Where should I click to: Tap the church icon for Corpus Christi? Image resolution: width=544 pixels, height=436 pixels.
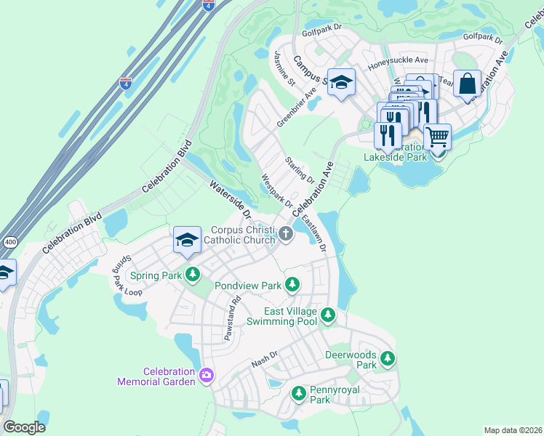click(x=286, y=234)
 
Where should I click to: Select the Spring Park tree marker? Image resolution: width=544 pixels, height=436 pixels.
click(x=193, y=275)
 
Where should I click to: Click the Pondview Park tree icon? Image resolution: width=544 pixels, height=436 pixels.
click(x=292, y=284)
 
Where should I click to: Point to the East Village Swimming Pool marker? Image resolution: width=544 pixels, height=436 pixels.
click(x=329, y=315)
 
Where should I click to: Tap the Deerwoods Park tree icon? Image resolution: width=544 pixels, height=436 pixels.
click(x=388, y=358)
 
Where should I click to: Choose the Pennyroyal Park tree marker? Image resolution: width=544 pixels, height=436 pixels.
click(x=298, y=393)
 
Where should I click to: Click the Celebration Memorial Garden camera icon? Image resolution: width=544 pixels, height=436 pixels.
click(x=207, y=375)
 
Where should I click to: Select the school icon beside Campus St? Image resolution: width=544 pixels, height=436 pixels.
click(x=340, y=82)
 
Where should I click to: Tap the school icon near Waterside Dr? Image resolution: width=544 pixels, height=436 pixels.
click(x=187, y=239)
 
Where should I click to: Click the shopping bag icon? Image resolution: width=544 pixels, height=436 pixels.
click(x=467, y=83)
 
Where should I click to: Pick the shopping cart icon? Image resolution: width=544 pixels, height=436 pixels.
click(x=436, y=136)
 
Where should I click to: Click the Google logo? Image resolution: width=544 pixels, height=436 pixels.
click(x=24, y=427)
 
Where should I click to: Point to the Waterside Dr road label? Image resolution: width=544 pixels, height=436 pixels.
click(x=230, y=201)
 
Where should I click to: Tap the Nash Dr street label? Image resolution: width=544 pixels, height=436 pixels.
click(x=265, y=359)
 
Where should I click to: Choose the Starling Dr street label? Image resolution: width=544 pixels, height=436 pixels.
click(x=299, y=169)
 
